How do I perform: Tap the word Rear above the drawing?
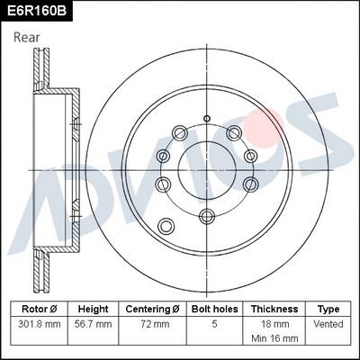coord(27,37)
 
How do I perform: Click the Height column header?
coord(93,309)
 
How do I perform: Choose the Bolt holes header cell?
coord(213,309)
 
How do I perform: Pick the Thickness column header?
coord(274,309)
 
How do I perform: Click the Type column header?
coord(328,309)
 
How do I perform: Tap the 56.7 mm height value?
coord(93,322)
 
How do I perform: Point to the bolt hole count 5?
coord(213,322)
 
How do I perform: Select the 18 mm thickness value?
coord(274,322)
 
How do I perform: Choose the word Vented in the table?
coord(328,322)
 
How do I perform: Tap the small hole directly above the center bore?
coord(207,118)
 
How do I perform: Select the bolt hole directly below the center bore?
coord(207,214)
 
